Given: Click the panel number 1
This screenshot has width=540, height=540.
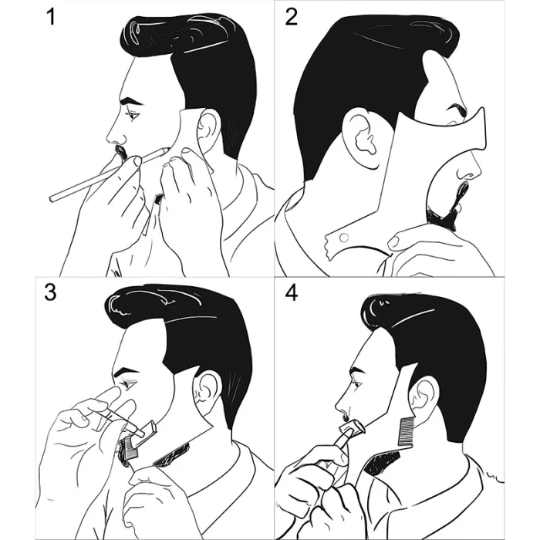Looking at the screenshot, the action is click(x=51, y=16).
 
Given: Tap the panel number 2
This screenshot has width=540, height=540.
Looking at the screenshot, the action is click(x=291, y=17).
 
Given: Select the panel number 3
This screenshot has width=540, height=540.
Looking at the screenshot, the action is click(x=50, y=292).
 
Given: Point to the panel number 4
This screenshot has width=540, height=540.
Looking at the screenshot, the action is click(x=292, y=293).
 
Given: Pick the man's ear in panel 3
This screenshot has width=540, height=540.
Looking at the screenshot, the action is click(x=206, y=389).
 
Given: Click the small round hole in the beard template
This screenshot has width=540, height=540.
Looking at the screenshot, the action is click(x=343, y=238).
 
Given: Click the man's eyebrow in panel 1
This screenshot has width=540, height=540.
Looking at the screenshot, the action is click(x=130, y=101).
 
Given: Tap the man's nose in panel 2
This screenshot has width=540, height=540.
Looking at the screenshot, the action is click(x=469, y=168).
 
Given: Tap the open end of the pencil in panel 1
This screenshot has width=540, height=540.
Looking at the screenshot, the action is click(x=52, y=199).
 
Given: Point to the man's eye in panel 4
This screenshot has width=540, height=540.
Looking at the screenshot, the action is click(x=357, y=384).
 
